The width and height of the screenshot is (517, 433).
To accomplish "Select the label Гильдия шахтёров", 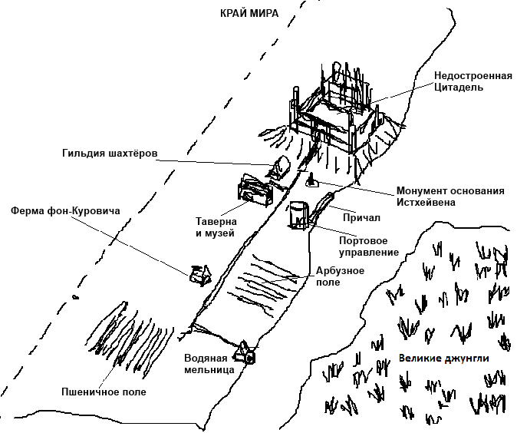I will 110,154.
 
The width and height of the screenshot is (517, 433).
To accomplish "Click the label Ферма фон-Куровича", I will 64,210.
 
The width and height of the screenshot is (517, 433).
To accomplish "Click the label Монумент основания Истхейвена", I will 450,197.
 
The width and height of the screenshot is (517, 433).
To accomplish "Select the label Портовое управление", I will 369,246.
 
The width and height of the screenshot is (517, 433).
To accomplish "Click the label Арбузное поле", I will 339,276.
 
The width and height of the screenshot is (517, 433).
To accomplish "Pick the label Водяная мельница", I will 206,364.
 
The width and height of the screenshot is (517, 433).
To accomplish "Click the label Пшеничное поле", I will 103,392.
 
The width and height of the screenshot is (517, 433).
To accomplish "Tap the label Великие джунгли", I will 443,358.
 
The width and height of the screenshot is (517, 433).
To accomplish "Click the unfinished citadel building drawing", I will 337,115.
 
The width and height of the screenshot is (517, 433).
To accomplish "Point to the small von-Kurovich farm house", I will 199,273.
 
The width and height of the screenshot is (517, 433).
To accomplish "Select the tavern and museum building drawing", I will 255,189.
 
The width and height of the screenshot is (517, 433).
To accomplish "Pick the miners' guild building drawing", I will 279,166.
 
